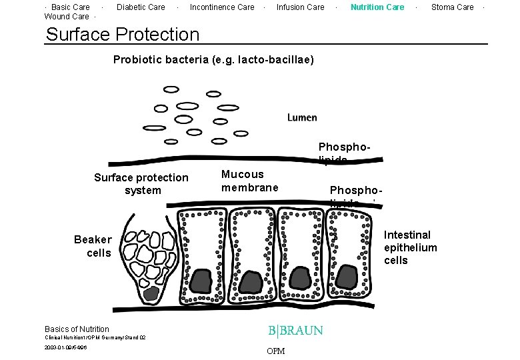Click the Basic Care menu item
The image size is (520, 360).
(71, 7)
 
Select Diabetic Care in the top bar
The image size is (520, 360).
(141, 7)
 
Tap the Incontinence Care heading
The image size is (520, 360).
(222, 7)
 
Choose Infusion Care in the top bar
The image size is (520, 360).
(300, 7)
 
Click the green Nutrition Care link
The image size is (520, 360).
(377, 7)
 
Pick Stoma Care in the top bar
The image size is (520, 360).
(452, 7)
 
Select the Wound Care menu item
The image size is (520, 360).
(67, 17)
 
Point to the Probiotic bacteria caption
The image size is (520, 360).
(213, 60)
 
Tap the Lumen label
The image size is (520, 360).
(302, 117)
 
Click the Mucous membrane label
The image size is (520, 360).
(249, 181)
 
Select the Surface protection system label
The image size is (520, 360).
(141, 184)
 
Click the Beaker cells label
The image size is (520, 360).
(93, 246)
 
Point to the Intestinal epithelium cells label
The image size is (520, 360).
(410, 247)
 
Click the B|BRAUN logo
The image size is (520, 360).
(295, 331)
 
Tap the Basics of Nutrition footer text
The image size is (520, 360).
(77, 329)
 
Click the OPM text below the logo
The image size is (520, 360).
(275, 351)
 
